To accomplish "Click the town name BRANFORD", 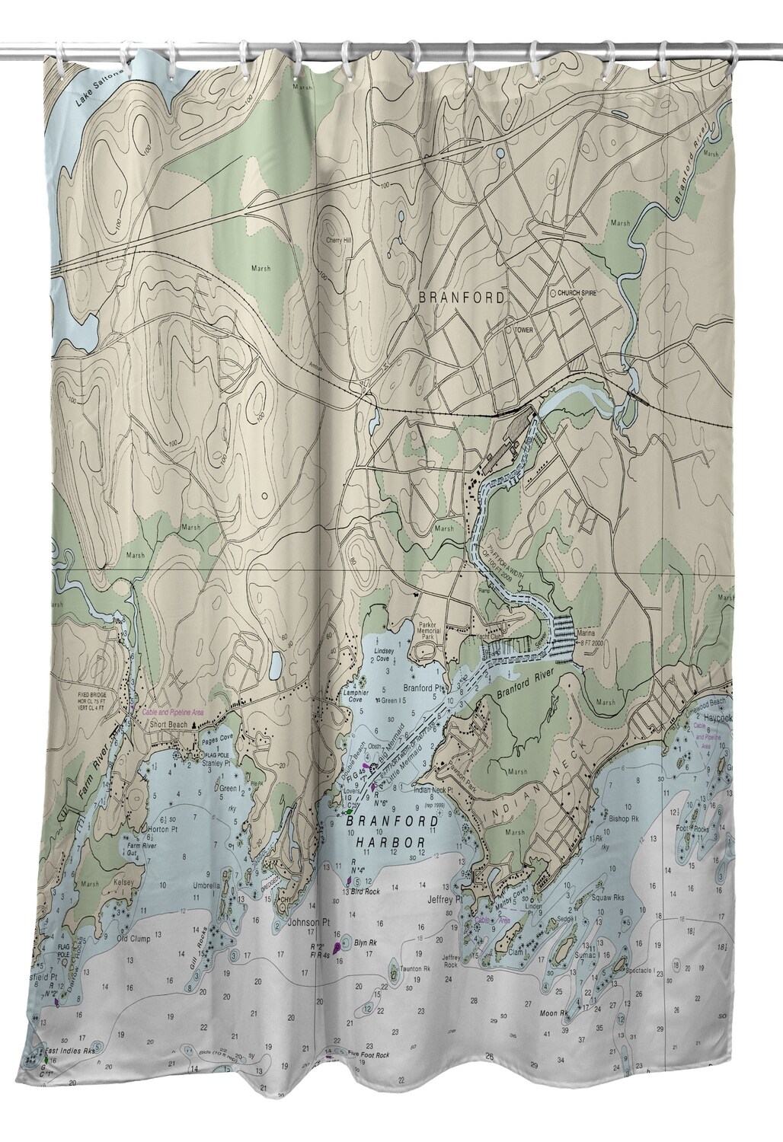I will [x=460, y=298].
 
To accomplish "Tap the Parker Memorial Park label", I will [x=431, y=630].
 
